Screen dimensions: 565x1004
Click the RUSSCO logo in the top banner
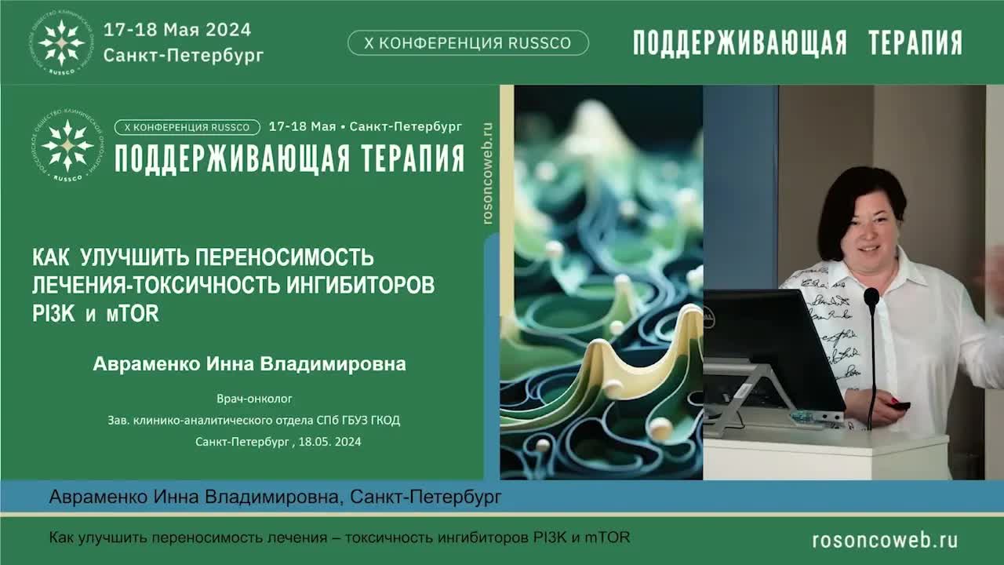point(62,42)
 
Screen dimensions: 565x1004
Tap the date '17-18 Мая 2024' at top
point(177,30)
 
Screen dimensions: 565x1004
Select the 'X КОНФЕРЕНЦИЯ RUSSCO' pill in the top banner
point(468,43)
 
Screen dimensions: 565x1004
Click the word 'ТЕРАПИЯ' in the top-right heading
point(915,43)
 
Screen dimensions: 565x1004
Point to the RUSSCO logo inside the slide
point(67,147)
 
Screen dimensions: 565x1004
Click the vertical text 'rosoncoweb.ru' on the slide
point(488,173)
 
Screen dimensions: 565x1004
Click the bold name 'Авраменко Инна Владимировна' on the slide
point(249,364)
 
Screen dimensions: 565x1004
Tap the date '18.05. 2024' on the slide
point(329,442)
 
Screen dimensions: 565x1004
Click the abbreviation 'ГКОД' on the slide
point(384,421)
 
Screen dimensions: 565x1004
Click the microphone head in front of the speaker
point(871,297)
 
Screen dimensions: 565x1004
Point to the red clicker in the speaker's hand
point(899,405)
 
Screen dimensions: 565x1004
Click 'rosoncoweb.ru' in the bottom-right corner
point(885,540)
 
